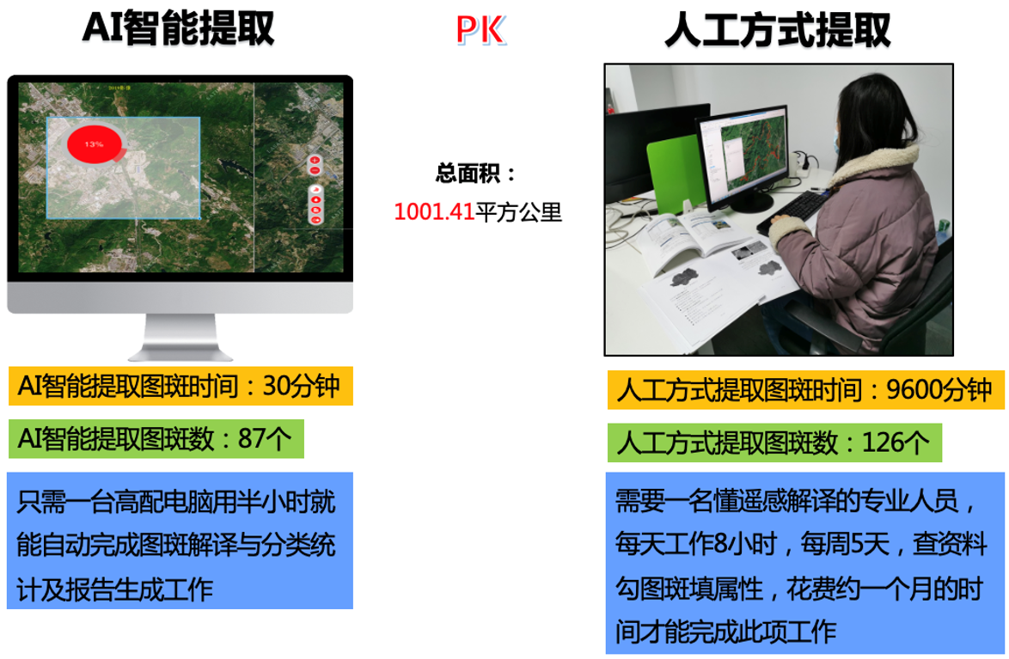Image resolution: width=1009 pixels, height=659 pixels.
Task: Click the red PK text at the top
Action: pyautogui.click(x=480, y=29)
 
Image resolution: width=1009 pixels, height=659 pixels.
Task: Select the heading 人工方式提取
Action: pyautogui.click(x=778, y=29)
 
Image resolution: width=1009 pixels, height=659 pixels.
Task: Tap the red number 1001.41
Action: pyautogui.click(x=434, y=211)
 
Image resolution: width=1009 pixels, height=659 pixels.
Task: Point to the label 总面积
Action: pyautogui.click(x=468, y=173)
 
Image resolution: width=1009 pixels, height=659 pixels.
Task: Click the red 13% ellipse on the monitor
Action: pyautogui.click(x=94, y=143)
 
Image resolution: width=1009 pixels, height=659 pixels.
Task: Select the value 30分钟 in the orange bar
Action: pyautogui.click(x=301, y=386)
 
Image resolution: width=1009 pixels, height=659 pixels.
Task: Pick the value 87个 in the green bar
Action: pyautogui.click(x=265, y=439)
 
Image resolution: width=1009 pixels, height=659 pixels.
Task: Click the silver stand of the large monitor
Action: pyautogui.click(x=180, y=337)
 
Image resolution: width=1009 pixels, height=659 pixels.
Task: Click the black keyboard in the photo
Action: pyautogui.click(x=792, y=211)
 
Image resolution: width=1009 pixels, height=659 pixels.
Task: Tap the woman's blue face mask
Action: pyautogui.click(x=836, y=142)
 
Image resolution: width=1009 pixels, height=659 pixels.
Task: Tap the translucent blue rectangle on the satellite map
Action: pyautogui.click(x=124, y=168)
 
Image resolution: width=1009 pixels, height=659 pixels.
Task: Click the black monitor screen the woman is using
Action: pyautogui.click(x=744, y=155)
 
